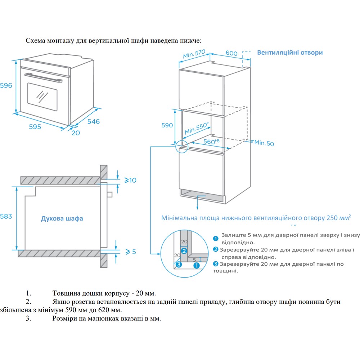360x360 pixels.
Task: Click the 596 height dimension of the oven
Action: (6, 86)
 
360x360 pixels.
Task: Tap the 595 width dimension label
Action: (35, 127)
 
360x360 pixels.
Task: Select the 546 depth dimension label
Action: (93, 121)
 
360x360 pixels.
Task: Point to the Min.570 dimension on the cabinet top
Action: (194, 54)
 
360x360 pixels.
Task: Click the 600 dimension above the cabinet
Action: (231, 53)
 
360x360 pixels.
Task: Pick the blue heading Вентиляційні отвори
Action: (290, 52)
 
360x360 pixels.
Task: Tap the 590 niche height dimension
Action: (167, 126)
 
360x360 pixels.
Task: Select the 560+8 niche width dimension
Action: (212, 141)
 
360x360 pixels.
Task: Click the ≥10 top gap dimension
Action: (130, 180)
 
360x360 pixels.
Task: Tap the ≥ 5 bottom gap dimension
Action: (130, 252)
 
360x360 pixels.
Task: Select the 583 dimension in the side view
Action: (6, 216)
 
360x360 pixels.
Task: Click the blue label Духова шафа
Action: (62, 219)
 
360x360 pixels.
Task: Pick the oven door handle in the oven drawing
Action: (41, 77)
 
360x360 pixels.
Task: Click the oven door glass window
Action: (42, 96)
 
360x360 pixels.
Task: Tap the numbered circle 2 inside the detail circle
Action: (184, 251)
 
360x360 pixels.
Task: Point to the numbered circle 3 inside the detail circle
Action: (179, 265)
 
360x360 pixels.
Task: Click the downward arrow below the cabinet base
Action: (197, 206)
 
